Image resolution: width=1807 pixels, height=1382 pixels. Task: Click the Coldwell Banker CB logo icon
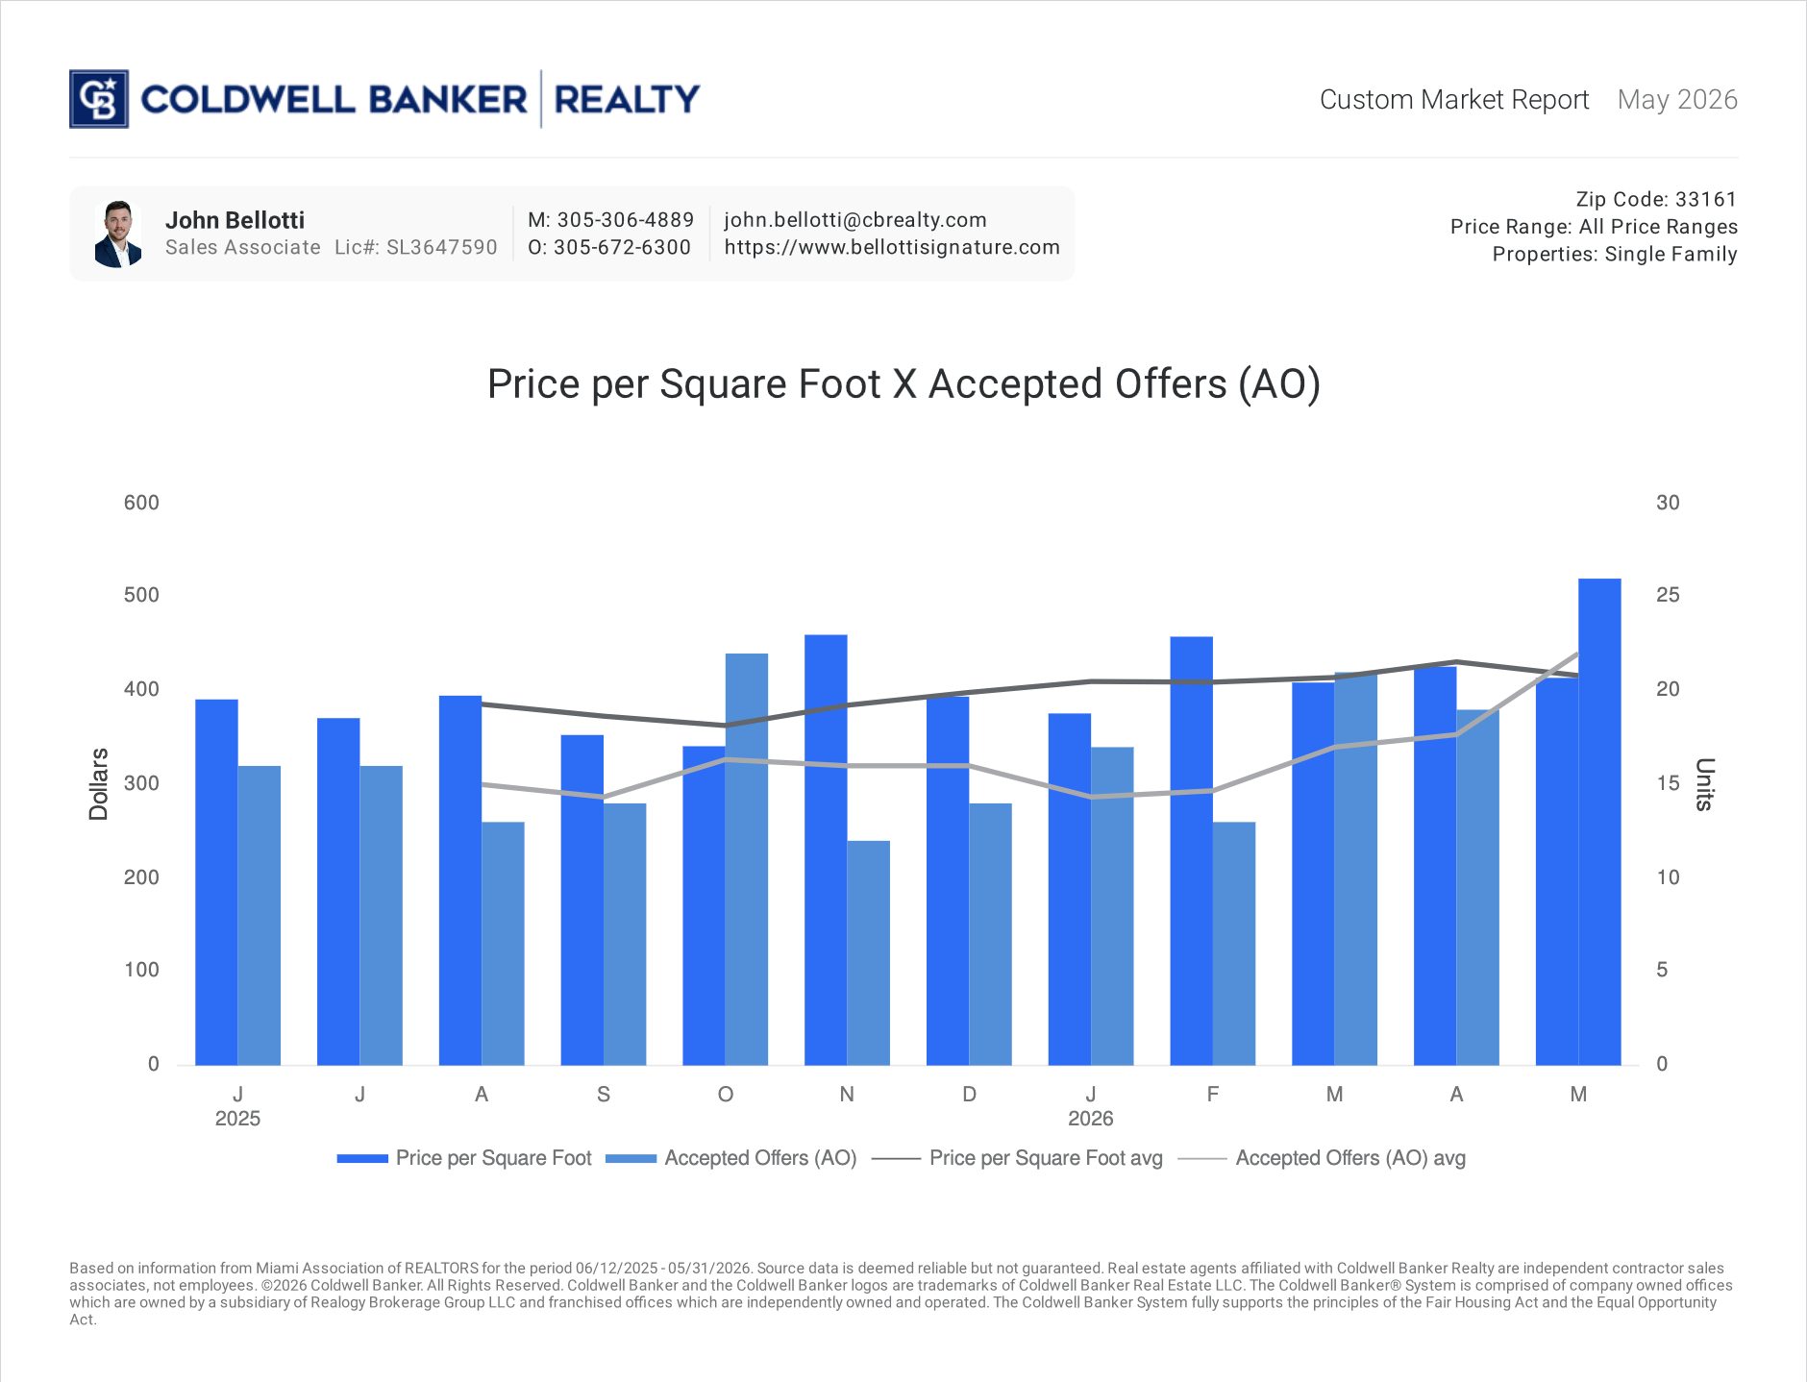99,99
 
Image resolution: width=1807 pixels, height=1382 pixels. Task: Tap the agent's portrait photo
118,234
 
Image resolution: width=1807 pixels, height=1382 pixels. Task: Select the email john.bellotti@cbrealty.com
855,220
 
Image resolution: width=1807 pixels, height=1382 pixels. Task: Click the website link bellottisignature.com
892,247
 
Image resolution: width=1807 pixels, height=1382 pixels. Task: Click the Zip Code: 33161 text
1656,199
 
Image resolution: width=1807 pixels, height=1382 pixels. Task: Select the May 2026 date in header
1677,100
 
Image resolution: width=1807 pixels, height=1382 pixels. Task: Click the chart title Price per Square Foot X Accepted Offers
903,384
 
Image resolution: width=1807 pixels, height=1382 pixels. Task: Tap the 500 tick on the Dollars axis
141,595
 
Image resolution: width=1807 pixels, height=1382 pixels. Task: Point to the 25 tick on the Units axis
1668,595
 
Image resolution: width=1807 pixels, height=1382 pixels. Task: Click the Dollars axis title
98,784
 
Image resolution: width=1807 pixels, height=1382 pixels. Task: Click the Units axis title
1704,784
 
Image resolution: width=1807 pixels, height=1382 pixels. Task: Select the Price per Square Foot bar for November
826,850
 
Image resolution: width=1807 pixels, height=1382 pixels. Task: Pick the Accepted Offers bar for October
747,859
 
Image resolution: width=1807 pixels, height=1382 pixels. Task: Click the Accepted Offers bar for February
1234,943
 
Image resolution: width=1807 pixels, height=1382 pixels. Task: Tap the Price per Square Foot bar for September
582,900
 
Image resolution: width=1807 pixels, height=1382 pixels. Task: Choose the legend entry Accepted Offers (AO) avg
1322,1158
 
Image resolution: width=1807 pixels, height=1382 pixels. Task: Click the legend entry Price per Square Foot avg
1017,1158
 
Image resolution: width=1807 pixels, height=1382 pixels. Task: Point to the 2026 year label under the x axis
1091,1119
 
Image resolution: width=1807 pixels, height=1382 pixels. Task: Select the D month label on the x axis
969,1095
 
